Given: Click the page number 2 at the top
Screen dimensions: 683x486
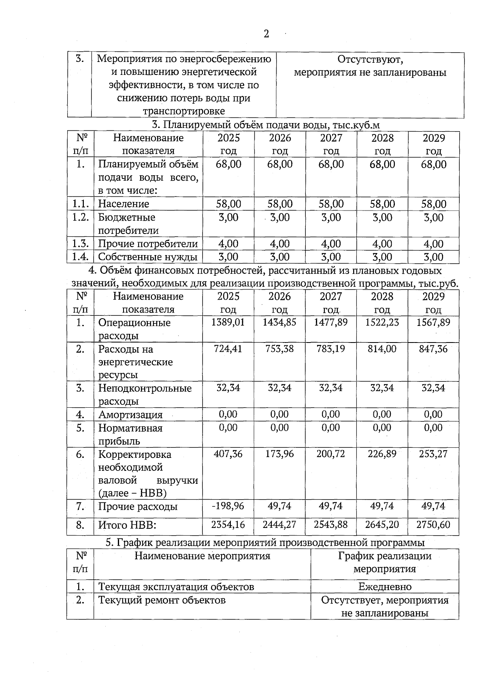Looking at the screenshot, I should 266,34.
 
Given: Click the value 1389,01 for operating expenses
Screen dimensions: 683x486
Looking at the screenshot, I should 228,322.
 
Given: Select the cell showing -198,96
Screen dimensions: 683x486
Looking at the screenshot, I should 228,506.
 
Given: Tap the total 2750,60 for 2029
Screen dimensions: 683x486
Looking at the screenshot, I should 433,525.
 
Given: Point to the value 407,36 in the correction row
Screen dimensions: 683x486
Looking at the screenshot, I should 228,454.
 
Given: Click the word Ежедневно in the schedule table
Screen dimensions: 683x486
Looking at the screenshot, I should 385,587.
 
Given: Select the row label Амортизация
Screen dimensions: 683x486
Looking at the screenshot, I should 130,415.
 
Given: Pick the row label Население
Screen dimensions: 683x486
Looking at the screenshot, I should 124,204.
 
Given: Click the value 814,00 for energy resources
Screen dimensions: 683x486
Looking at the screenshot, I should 382,349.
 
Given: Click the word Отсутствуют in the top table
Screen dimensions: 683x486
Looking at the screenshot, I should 370,60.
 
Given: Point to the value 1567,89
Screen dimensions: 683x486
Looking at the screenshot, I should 433,322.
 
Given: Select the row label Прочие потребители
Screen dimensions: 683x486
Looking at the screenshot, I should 148,244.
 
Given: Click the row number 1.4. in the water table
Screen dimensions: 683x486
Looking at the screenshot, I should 80,257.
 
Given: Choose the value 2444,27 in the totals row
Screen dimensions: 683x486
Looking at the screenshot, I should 279,525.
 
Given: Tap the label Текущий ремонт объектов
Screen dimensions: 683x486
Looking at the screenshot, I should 162,600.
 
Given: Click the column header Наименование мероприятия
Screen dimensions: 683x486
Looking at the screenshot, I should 202,556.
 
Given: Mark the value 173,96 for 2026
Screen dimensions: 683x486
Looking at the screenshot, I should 279,454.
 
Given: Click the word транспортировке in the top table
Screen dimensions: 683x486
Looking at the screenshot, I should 183,111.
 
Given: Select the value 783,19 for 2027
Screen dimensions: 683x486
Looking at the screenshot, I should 331,349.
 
